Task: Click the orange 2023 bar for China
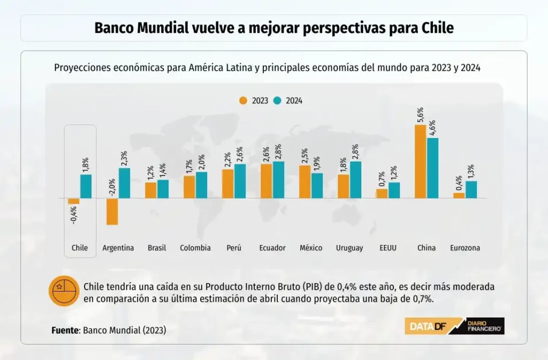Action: (421, 162)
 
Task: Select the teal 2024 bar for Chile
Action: (86, 186)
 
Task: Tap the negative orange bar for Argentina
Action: (112, 211)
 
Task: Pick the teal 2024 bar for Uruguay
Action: (355, 180)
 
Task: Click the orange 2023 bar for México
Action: (305, 182)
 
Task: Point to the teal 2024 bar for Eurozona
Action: (471, 189)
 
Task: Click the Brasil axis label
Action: (157, 248)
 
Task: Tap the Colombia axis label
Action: (195, 248)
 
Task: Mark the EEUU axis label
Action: (387, 248)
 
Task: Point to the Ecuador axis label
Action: (272, 248)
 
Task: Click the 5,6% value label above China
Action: (420, 116)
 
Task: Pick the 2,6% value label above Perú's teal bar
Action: (239, 155)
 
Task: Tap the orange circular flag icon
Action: (64, 292)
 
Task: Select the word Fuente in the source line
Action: (65, 330)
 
